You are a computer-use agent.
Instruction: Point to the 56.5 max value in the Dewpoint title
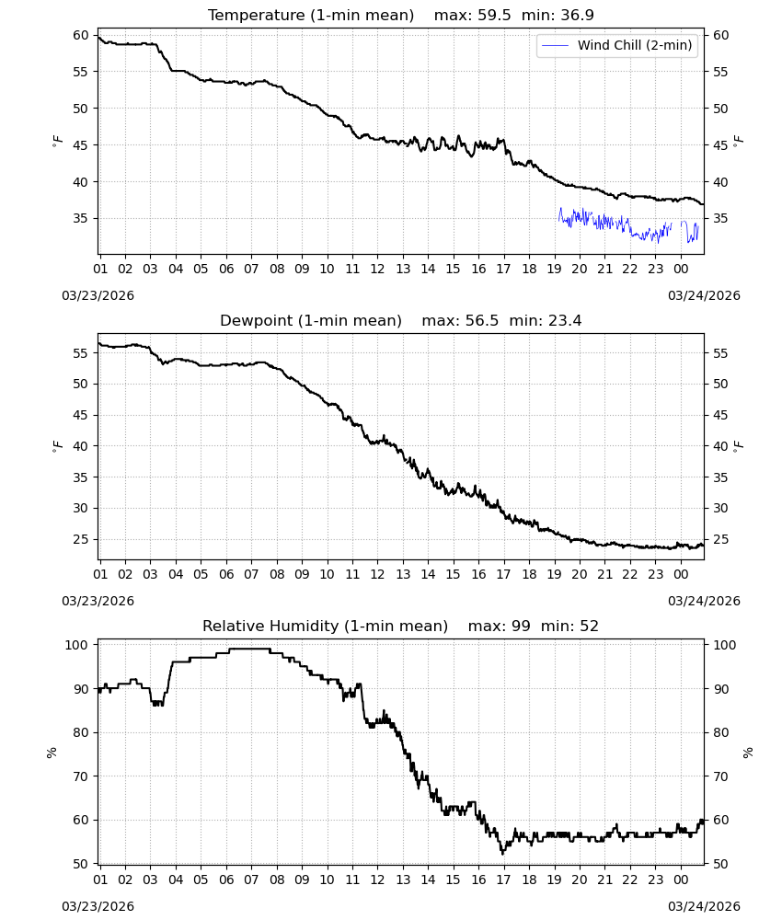click(x=482, y=321)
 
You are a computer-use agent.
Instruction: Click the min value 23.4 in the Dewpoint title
click(x=565, y=321)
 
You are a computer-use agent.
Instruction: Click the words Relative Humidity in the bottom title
click(x=270, y=626)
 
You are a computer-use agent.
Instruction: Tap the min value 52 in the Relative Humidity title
click(x=589, y=626)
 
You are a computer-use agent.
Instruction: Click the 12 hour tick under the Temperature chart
click(x=377, y=269)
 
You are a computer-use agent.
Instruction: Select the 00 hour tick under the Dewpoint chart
click(x=681, y=574)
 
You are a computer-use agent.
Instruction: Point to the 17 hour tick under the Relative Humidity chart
click(x=503, y=880)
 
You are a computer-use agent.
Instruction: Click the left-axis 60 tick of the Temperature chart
click(x=81, y=35)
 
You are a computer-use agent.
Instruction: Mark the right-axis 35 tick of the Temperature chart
click(x=720, y=219)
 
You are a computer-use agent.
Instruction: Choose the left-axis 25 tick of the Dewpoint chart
click(x=81, y=539)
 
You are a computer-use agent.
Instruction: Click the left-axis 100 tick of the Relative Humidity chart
click(x=77, y=645)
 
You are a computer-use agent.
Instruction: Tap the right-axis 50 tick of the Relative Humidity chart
click(x=720, y=864)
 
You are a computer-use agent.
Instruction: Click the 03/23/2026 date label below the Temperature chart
click(x=98, y=295)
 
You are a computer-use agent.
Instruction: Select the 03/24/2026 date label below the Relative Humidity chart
click(x=704, y=906)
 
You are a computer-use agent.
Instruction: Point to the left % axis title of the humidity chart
click(x=52, y=753)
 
